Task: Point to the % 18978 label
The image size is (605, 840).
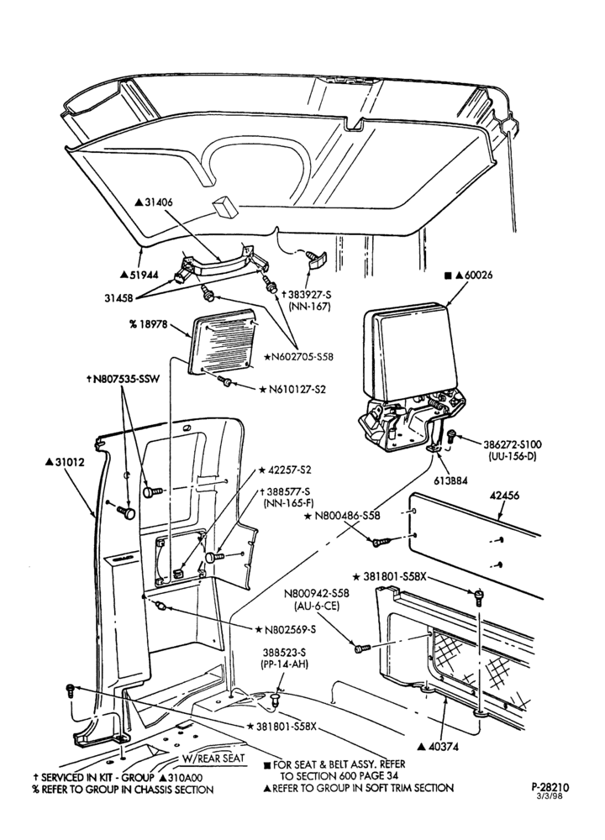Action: pos(149,324)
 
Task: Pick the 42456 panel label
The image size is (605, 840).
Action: pos(503,496)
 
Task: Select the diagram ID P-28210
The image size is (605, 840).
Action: pos(550,787)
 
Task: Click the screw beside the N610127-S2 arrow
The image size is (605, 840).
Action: pos(226,381)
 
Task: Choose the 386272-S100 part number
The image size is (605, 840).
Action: pos(513,444)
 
